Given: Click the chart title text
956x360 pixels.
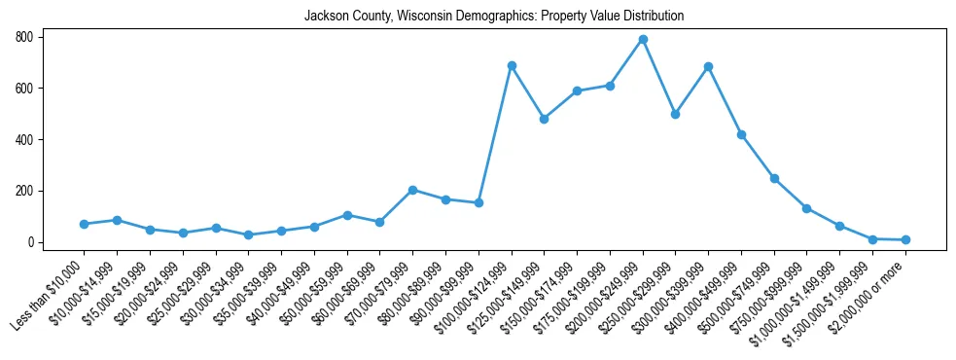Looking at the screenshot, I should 493,17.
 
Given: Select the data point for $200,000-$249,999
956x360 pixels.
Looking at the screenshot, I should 643,40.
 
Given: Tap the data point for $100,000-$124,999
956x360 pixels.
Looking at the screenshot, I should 512,65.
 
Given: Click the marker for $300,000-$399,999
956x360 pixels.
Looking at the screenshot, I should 708,66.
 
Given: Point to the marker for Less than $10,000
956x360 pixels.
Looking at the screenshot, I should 85,224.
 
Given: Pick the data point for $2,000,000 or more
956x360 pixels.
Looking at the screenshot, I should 905,239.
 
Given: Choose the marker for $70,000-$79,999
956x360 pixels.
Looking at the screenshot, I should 412,190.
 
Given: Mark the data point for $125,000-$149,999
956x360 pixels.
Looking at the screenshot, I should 544,119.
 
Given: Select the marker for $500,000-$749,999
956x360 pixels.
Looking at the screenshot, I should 774,178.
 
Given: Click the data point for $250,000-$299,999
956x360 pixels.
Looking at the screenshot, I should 675,114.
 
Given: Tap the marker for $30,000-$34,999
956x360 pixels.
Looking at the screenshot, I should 249,234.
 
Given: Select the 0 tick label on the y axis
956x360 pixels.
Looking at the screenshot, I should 30,242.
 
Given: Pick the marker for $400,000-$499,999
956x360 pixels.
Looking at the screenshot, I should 741,134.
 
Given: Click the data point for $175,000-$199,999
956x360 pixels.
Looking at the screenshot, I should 577,90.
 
